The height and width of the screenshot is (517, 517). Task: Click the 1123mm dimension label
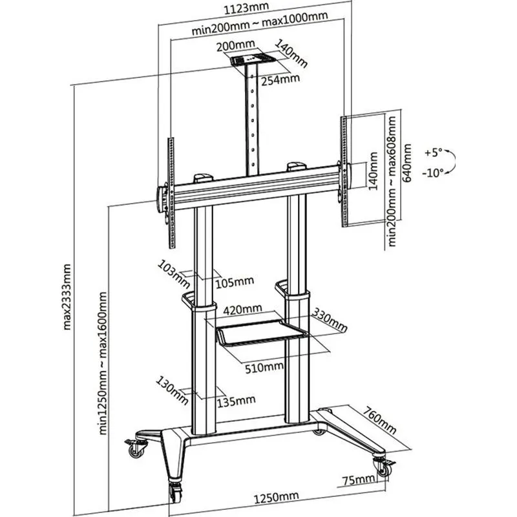click(x=246, y=8)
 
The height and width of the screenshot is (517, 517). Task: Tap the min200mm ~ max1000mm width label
click(x=260, y=23)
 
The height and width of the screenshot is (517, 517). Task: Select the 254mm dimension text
click(x=280, y=79)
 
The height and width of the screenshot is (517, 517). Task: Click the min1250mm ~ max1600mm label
click(x=103, y=363)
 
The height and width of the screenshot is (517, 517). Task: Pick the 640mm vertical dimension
click(x=408, y=163)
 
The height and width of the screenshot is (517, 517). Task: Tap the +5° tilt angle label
click(x=434, y=153)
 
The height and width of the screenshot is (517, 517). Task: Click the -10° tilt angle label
click(x=433, y=173)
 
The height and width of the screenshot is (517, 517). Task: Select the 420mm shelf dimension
click(x=243, y=310)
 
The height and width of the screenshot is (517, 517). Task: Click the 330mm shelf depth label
click(x=329, y=319)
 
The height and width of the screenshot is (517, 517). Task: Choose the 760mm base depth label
click(x=380, y=419)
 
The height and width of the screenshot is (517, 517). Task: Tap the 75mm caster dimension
click(x=358, y=480)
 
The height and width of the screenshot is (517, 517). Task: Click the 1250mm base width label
click(x=277, y=497)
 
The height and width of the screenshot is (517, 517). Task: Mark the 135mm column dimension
click(x=236, y=401)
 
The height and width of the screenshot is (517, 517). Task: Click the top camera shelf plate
click(x=253, y=59)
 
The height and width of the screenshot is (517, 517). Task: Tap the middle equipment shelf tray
click(x=261, y=333)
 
